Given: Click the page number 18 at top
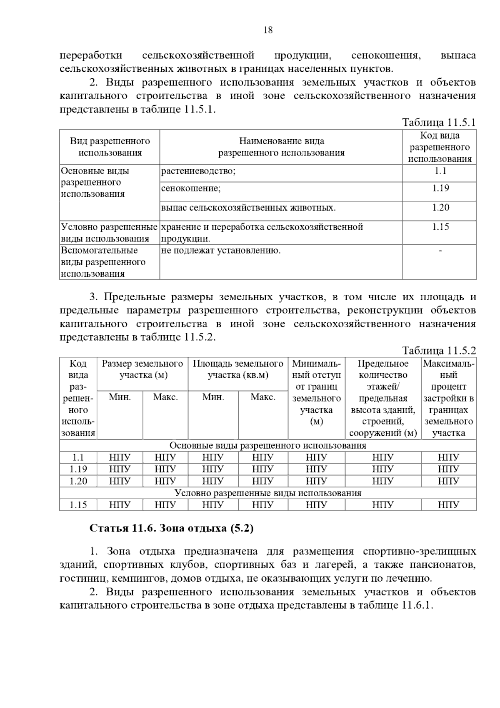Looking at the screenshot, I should click(268, 30).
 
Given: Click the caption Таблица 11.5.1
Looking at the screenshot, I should click(438, 123).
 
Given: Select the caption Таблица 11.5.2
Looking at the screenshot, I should click(438, 351).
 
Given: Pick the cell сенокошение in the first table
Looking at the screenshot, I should click(191, 188).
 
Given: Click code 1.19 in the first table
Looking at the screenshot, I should click(440, 188).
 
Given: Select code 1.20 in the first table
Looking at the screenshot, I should click(440, 208).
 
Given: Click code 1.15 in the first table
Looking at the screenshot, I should click(440, 227).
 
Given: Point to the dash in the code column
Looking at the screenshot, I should click(440, 251).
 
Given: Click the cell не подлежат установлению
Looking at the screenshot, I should click(221, 251).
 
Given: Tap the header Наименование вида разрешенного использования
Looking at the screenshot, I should click(281, 147).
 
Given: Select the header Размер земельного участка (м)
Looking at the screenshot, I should click(142, 369).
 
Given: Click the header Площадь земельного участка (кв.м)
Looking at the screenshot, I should click(238, 369).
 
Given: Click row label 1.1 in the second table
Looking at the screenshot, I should click(78, 457).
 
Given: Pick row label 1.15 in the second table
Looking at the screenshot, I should click(78, 505).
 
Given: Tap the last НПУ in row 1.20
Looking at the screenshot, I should click(448, 481).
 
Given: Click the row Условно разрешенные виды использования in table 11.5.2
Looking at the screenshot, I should click(268, 493).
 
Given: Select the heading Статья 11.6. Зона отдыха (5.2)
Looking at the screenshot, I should click(172, 528).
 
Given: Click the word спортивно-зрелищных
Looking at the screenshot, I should click(419, 552).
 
